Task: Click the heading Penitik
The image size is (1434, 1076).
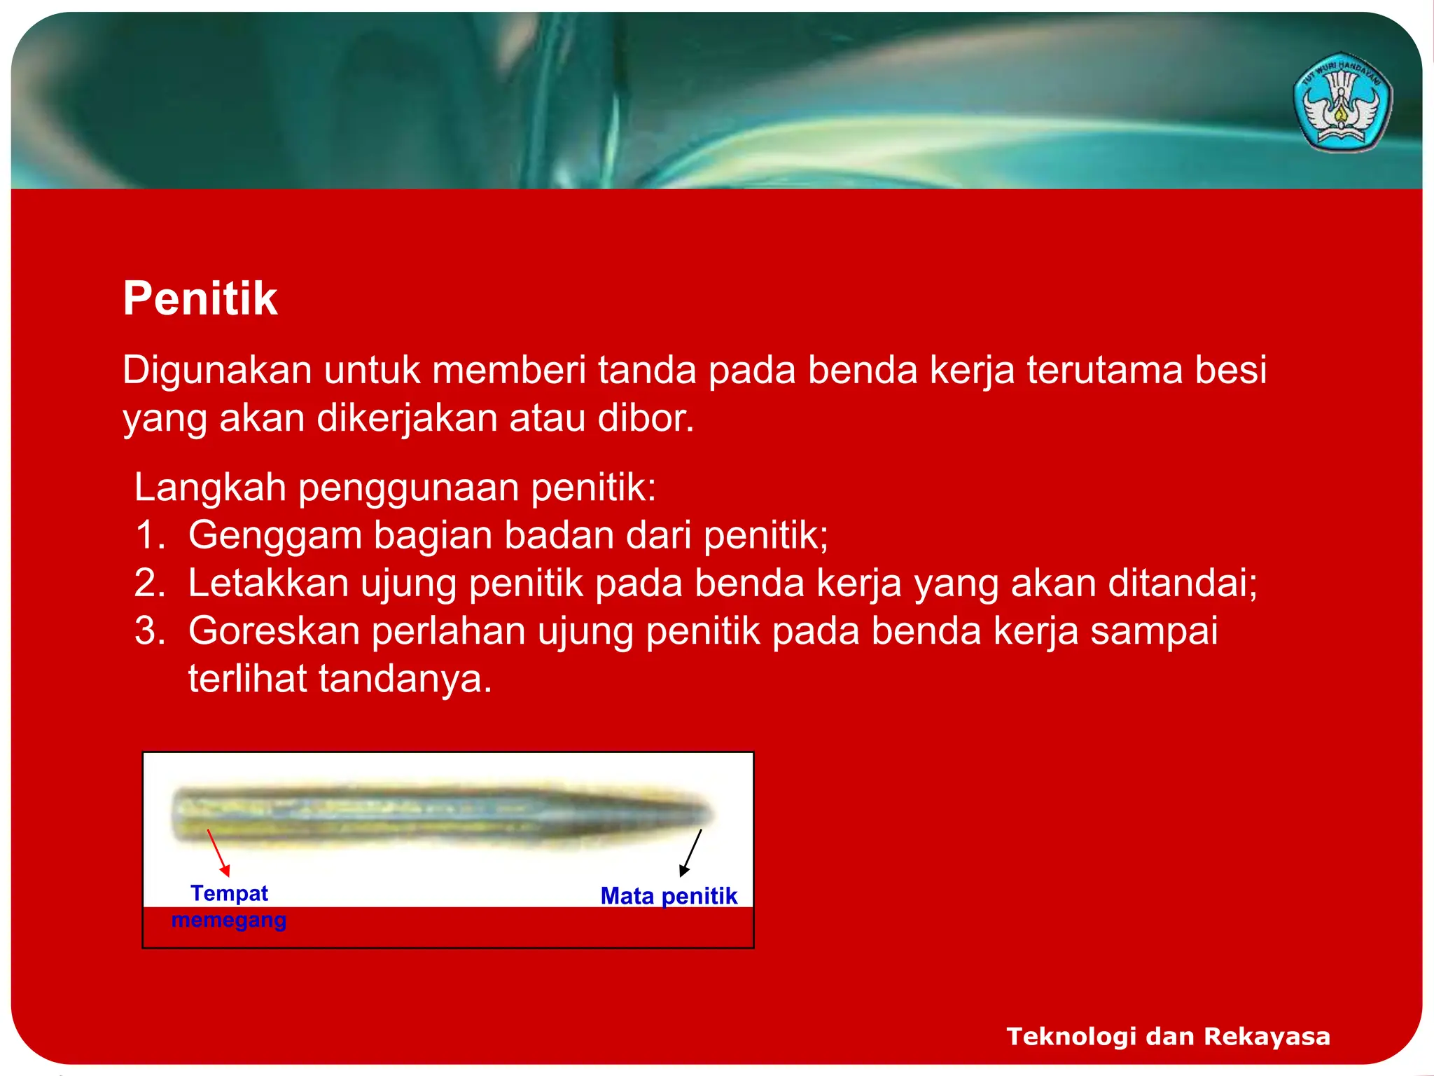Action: (200, 299)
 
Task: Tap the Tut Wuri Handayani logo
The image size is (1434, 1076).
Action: (1342, 102)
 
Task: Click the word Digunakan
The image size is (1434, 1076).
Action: (217, 370)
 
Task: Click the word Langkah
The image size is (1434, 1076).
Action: (210, 488)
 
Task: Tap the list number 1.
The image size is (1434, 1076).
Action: (149, 535)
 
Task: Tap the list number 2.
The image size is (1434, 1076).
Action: (149, 583)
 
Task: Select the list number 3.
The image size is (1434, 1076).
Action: (149, 630)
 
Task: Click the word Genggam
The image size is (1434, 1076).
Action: (275, 537)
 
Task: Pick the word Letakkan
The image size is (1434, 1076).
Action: (268, 583)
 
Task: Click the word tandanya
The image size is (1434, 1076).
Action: (405, 679)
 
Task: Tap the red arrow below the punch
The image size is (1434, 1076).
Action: (218, 853)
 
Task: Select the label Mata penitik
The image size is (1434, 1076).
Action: (669, 896)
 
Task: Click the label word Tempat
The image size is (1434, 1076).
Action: (229, 893)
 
